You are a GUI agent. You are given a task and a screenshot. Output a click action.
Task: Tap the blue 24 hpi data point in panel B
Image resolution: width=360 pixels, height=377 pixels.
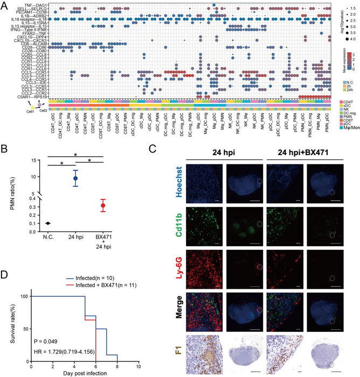tap(75, 178)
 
